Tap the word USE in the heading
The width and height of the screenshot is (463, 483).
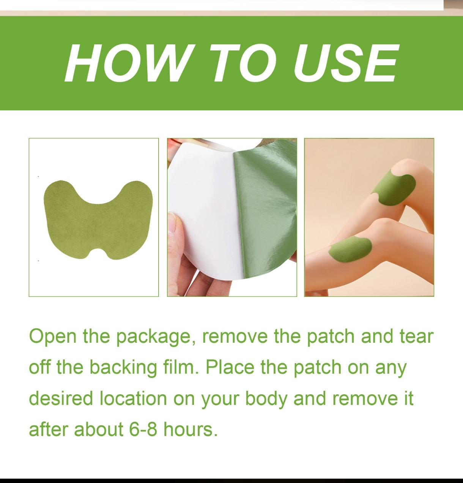345,63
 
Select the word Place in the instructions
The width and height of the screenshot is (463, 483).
230,367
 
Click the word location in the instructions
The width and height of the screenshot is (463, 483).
133,398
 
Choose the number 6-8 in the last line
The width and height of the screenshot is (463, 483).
143,430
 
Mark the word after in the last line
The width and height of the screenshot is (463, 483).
49,430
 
